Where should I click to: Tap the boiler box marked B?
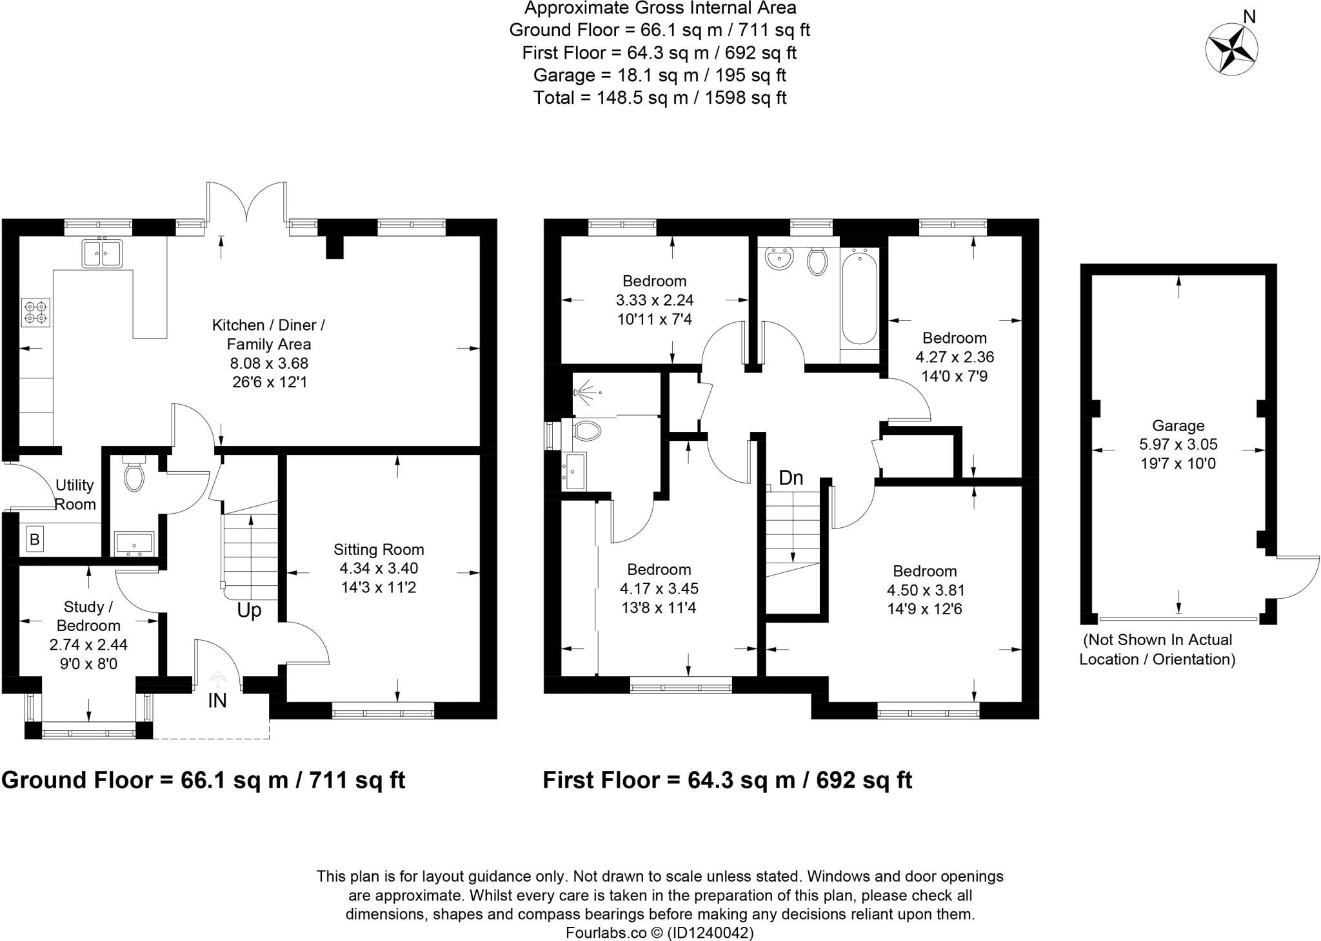point(35,539)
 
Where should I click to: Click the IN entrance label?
point(217,701)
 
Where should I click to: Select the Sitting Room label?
point(379,550)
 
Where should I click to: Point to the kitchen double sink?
point(103,253)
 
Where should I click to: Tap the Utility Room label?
point(75,494)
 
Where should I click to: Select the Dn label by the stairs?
point(791,478)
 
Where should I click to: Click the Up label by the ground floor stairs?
point(249,610)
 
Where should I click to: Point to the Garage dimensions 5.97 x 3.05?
point(1178,445)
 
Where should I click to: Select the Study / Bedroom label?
point(88,616)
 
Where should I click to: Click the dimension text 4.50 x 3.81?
point(925,590)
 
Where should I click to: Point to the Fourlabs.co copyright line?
point(659,932)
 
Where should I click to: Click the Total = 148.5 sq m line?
point(659,98)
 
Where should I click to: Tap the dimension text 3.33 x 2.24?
point(655,300)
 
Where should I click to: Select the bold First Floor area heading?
point(727,780)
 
